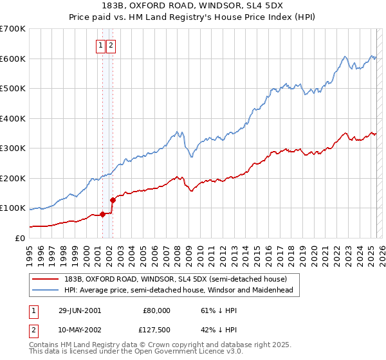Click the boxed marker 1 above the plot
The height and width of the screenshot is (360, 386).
click(102, 45)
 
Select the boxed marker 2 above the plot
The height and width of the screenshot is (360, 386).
click(111, 45)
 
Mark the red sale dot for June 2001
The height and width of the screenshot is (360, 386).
click(102, 214)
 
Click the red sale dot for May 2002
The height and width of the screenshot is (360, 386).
click(112, 200)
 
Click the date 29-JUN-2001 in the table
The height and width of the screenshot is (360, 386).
click(79, 310)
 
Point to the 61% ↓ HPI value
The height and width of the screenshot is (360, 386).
click(214, 310)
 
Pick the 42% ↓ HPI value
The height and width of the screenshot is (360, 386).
click(214, 331)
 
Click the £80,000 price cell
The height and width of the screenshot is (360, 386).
click(156, 310)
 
